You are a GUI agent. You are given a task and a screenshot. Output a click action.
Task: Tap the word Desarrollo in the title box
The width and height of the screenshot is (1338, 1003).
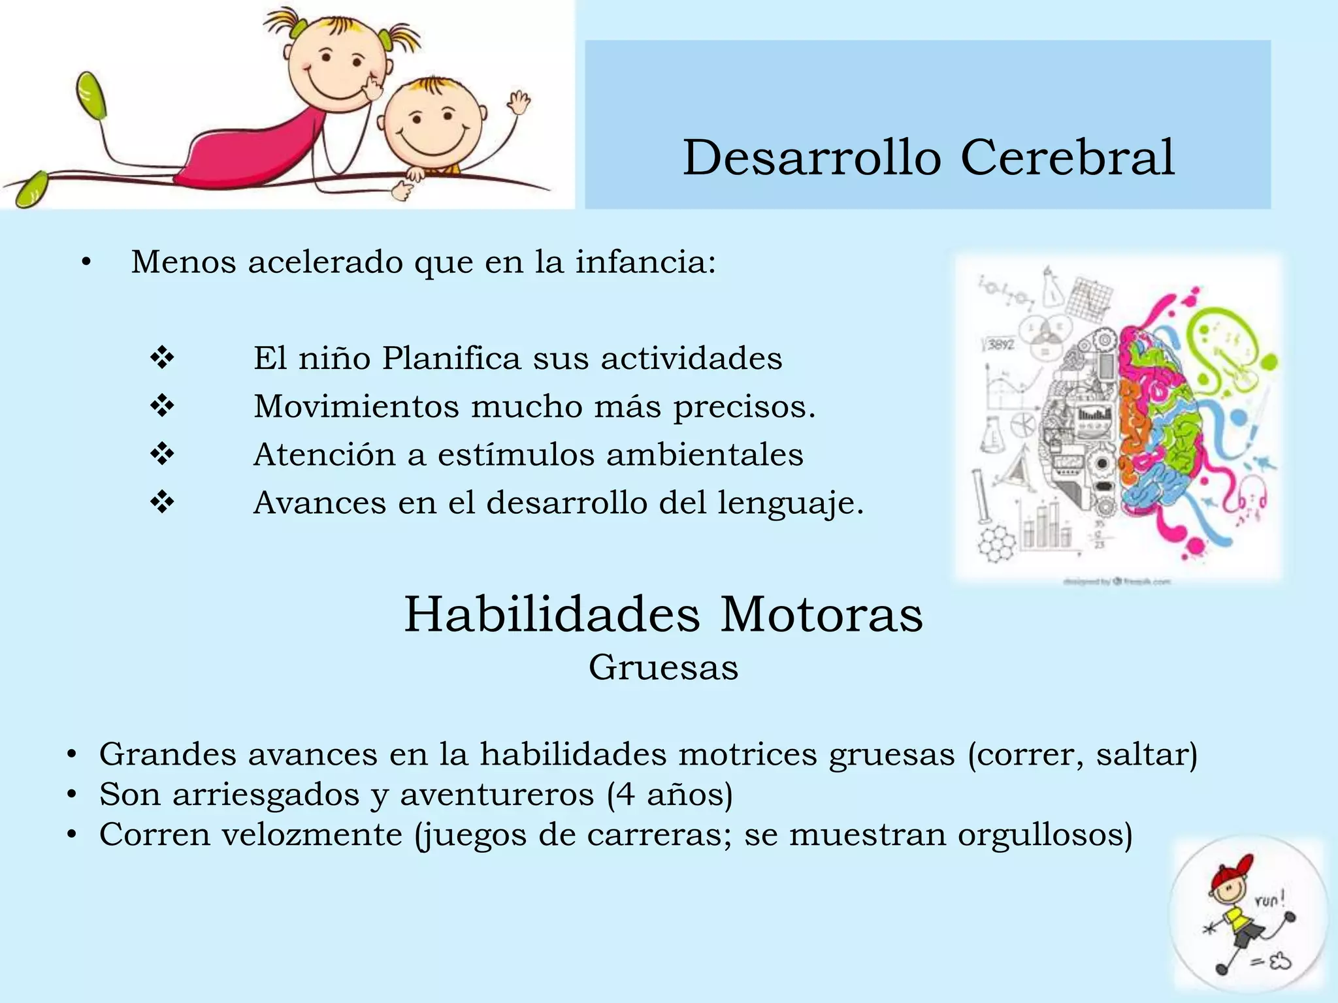812,157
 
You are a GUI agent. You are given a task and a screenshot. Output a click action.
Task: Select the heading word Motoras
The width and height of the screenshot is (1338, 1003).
821,614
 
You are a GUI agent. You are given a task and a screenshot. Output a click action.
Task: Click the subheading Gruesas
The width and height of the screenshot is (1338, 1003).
663,667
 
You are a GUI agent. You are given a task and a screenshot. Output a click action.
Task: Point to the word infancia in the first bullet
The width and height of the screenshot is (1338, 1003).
645,262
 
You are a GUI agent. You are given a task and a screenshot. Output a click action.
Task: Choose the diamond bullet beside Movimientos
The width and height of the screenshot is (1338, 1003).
162,406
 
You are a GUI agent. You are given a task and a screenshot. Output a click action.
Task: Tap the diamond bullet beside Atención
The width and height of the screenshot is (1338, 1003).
162,454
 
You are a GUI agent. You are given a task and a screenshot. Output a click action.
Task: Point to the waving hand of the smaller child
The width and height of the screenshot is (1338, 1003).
519,103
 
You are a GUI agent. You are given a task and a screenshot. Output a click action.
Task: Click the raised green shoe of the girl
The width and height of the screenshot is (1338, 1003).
91,95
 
